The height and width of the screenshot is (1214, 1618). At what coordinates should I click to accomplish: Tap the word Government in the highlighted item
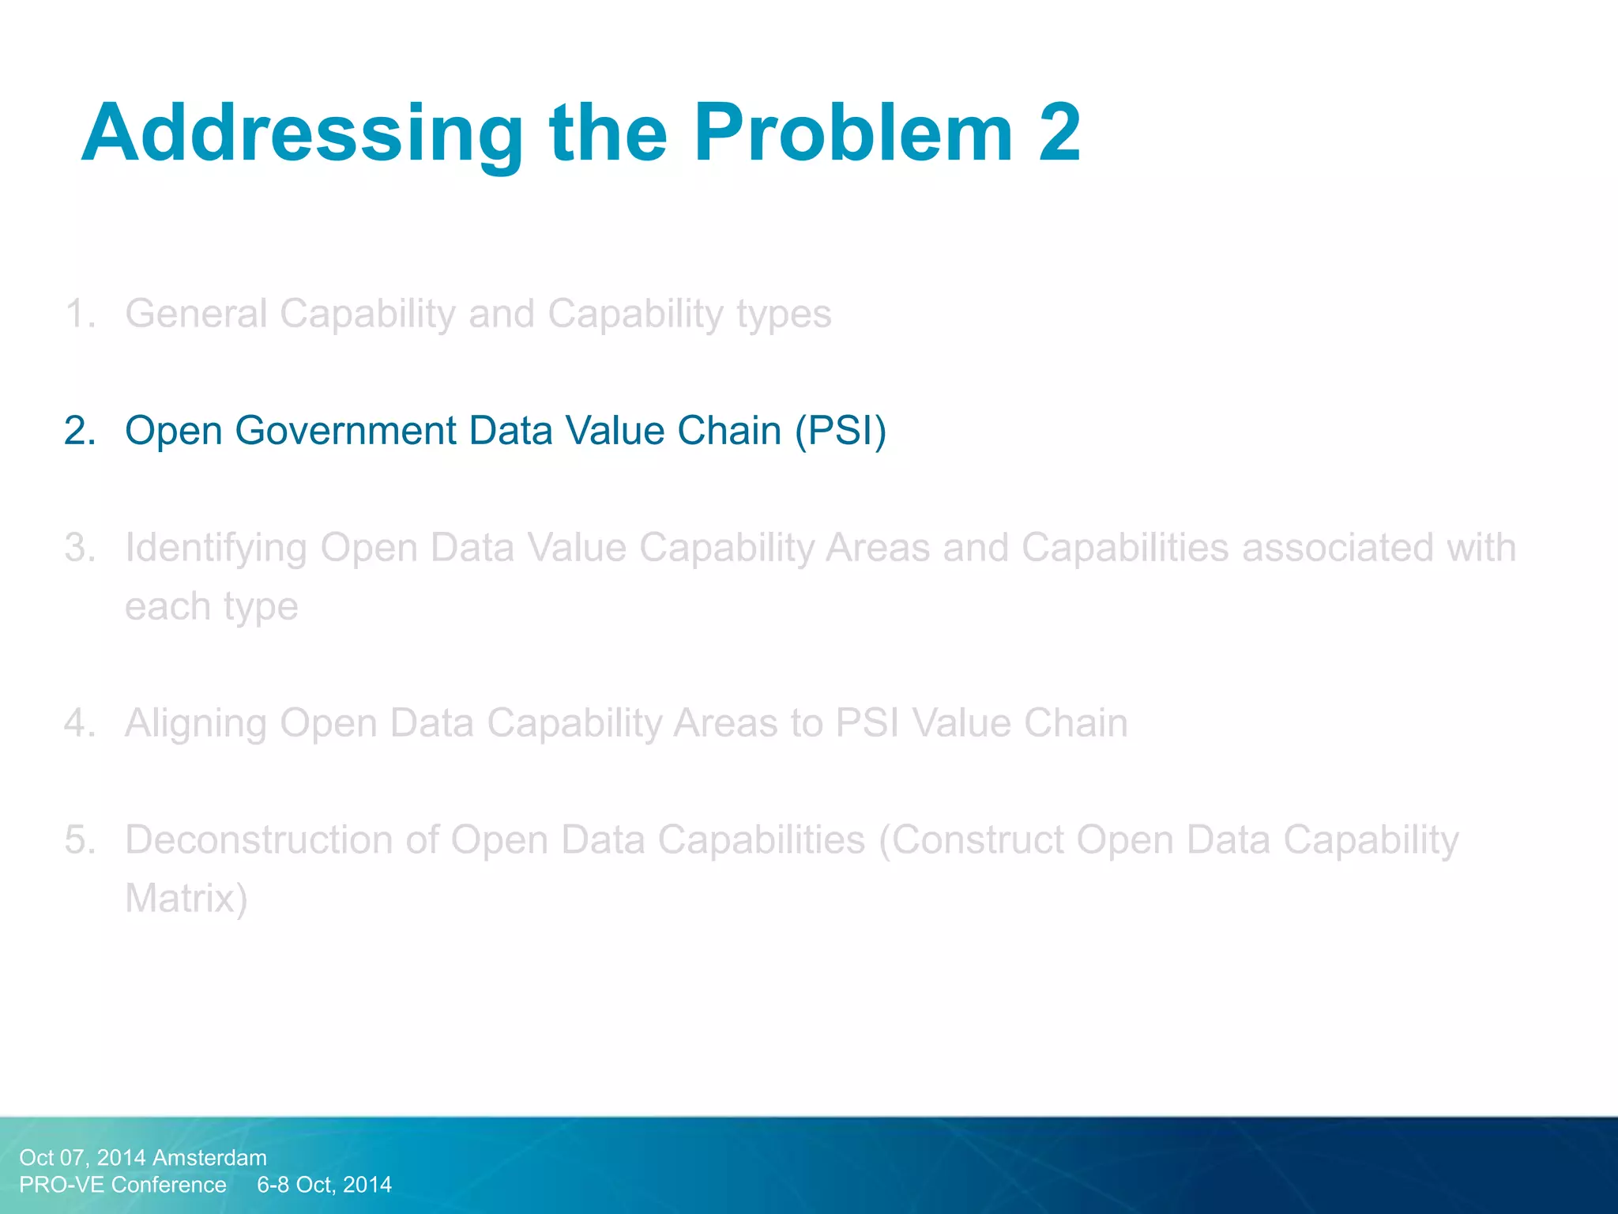346,432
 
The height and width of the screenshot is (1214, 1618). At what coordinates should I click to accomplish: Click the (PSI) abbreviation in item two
841,432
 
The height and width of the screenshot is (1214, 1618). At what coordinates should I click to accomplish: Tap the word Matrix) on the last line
186,899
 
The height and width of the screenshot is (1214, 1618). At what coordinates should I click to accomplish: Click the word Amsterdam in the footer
209,1158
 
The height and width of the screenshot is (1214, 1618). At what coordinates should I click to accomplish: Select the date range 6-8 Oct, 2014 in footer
324,1185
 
